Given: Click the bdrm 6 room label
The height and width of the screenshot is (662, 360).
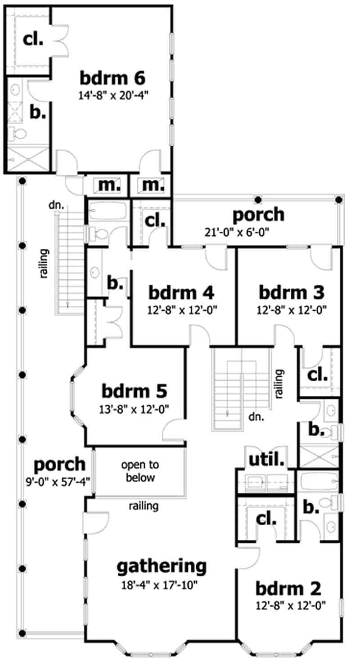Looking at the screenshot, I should (x=112, y=78).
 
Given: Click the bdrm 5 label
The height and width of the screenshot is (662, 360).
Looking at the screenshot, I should (x=135, y=390).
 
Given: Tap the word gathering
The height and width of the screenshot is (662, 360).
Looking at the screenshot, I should (x=162, y=566).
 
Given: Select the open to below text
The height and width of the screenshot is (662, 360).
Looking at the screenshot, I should (x=139, y=471).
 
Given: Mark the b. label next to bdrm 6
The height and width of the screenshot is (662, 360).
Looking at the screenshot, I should (x=38, y=112).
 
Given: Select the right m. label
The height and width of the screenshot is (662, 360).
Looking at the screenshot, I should (x=151, y=185).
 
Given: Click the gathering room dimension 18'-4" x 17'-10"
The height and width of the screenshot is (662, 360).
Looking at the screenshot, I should (x=162, y=585).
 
